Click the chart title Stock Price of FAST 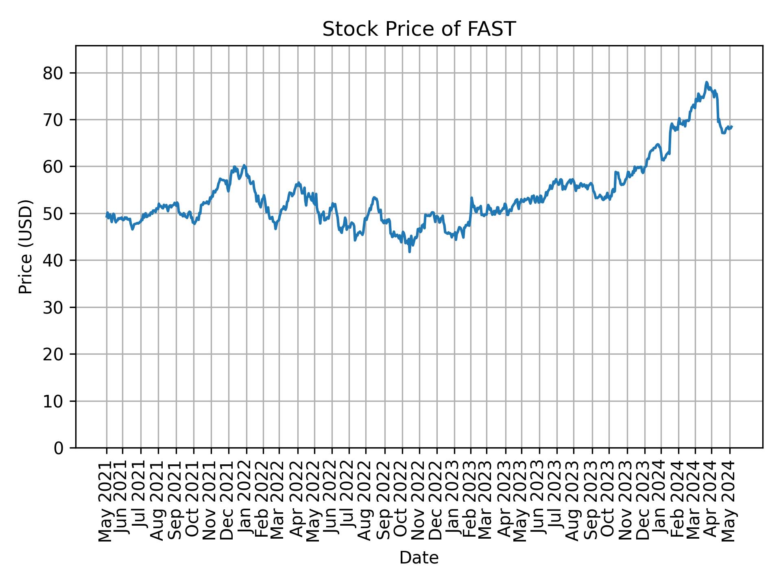(x=419, y=29)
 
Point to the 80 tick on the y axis (x=53, y=73)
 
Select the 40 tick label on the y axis (x=53, y=260)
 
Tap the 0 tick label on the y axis (x=59, y=448)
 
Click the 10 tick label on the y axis (x=53, y=401)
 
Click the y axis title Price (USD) (x=25, y=247)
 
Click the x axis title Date (x=419, y=558)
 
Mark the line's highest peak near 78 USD (x=707, y=82)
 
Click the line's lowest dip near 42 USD (x=409, y=252)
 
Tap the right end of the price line (x=732, y=126)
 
